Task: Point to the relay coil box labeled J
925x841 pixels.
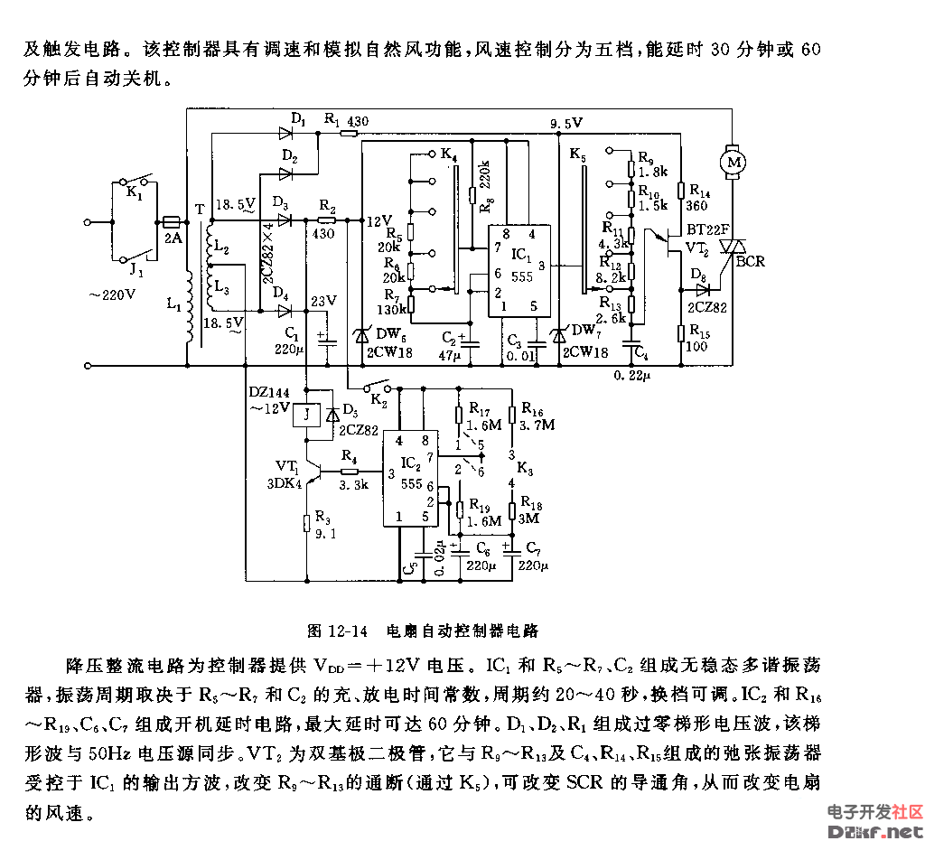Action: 307,415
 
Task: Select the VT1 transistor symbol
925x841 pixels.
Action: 310,472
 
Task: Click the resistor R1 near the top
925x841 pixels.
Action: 347,134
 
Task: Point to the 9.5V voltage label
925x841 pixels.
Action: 565,123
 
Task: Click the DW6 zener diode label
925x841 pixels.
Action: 390,337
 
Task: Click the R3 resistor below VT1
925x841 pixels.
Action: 307,522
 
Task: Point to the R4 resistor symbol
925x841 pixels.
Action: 348,472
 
